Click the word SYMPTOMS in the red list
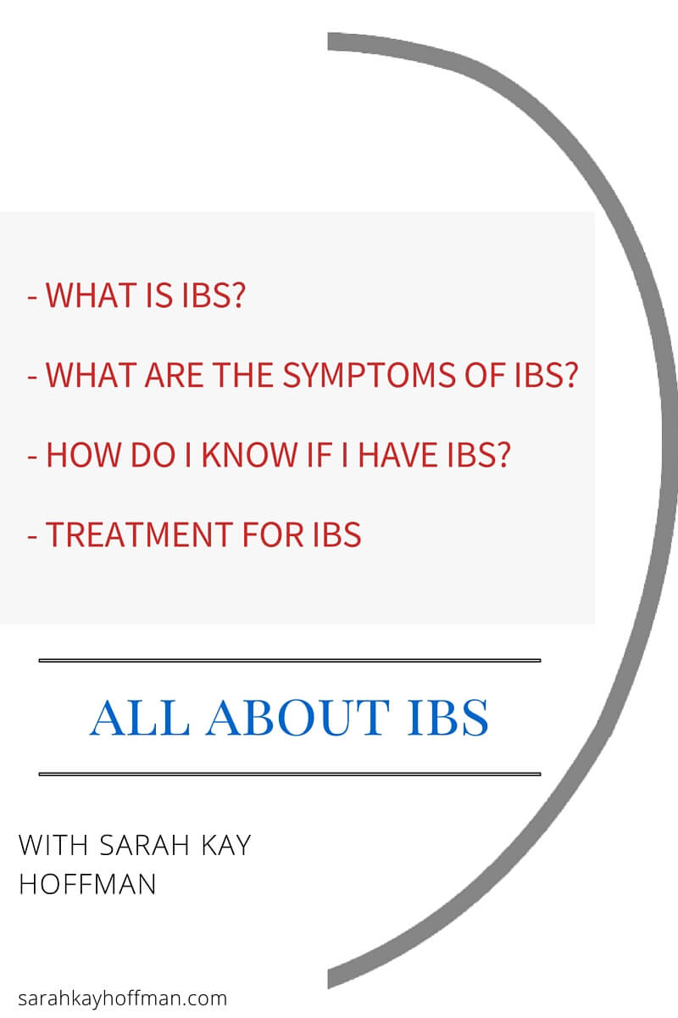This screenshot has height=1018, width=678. (x=369, y=375)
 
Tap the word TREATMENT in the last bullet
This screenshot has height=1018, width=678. (x=140, y=534)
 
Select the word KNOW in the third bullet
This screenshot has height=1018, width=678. (x=249, y=455)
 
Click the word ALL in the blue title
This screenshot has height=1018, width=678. (x=140, y=718)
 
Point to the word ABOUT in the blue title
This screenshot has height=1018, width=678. (x=298, y=718)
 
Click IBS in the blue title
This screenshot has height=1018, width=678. (x=447, y=718)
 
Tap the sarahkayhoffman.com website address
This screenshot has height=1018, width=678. (x=123, y=999)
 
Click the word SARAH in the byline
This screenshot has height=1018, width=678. (x=144, y=845)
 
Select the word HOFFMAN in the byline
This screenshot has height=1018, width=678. (x=87, y=884)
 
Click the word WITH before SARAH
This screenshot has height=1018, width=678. (x=53, y=845)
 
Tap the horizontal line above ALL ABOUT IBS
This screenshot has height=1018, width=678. (x=290, y=660)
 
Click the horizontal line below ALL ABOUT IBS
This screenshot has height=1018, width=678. (x=290, y=774)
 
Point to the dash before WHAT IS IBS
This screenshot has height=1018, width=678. (x=32, y=299)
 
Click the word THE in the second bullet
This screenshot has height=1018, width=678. (x=243, y=375)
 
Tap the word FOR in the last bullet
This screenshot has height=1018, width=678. (x=273, y=534)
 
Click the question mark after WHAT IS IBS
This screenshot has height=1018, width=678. (x=238, y=295)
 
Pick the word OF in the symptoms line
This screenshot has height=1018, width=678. (x=485, y=375)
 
